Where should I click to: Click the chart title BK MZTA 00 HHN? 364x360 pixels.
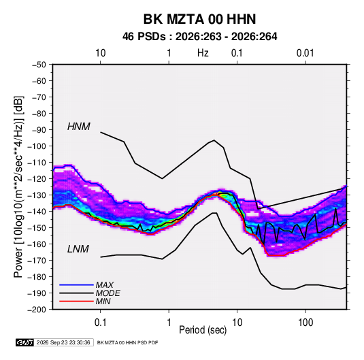click(x=199, y=19)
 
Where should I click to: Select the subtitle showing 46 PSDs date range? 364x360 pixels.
click(x=199, y=37)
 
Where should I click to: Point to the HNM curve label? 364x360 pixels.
click(x=79, y=127)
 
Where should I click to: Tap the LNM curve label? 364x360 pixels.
click(x=78, y=249)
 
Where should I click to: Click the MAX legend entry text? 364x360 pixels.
click(x=105, y=285)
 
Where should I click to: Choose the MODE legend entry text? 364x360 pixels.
click(x=107, y=293)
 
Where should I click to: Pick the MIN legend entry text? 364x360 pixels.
click(x=103, y=301)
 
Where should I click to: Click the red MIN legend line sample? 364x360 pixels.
click(x=76, y=301)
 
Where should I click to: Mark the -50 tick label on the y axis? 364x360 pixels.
click(x=39, y=65)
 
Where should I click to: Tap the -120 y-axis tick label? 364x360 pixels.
click(x=37, y=179)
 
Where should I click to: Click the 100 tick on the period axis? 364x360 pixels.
click(x=305, y=323)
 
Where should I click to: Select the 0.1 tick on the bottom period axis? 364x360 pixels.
click(x=100, y=323)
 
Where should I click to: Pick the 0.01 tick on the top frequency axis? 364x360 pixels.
click(x=305, y=53)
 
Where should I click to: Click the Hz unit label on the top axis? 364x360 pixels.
click(x=203, y=53)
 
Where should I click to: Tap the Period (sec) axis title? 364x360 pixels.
click(x=203, y=330)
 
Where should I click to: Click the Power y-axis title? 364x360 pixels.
click(x=18, y=187)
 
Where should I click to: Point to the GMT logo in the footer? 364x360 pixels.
click(x=24, y=342)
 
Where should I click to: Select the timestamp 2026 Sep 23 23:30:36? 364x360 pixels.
click(x=63, y=342)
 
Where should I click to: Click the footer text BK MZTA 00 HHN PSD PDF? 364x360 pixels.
click(x=127, y=342)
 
